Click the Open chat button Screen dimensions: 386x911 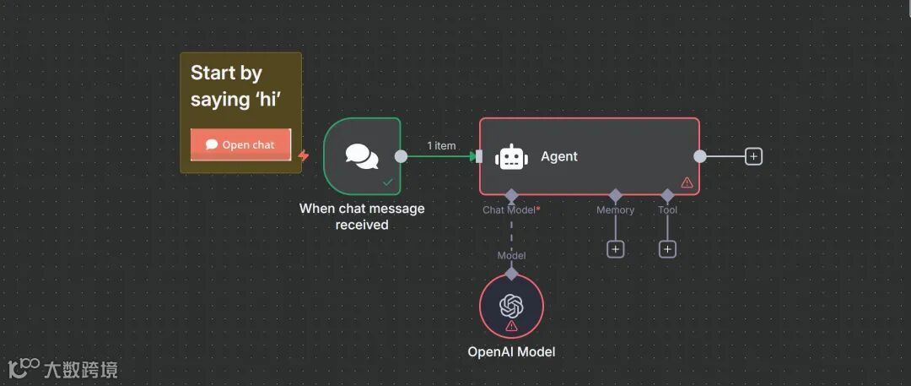pos(240,144)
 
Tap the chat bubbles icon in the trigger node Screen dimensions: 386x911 pos(362,156)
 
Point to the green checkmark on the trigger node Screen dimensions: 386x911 pos(388,182)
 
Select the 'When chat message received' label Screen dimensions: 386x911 pos(362,216)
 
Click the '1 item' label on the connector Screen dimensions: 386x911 pos(441,145)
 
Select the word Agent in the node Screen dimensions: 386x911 pos(559,156)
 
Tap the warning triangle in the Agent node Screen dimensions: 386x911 pos(687,182)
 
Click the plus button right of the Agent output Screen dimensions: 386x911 pos(754,156)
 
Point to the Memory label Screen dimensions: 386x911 pos(615,210)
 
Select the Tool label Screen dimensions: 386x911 pos(667,210)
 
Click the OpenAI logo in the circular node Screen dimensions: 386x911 pos(511,304)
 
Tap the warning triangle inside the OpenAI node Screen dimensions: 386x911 pos(511,326)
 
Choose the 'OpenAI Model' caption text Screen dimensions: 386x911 pos(511,351)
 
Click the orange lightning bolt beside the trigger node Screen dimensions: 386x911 pos(304,156)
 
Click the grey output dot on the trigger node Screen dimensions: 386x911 pos(402,156)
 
